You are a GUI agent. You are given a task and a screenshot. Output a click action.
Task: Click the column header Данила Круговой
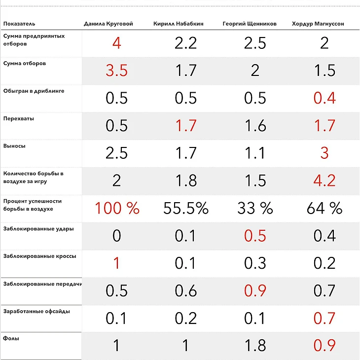(x=108, y=24)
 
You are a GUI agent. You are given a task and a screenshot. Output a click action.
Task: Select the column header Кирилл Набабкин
(x=179, y=24)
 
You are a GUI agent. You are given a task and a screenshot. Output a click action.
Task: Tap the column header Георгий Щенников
(x=250, y=24)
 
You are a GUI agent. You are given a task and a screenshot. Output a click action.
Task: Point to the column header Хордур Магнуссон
(x=318, y=24)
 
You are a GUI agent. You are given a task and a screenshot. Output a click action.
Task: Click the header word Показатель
(x=19, y=24)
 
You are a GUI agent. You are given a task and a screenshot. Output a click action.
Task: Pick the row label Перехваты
(x=19, y=119)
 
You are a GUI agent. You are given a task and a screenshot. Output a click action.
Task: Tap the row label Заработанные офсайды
(x=36, y=311)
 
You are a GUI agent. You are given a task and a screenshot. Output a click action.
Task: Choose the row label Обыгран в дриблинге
(x=34, y=91)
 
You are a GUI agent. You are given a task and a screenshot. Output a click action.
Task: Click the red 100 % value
(x=116, y=208)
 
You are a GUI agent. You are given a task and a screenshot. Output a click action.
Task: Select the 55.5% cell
(x=186, y=208)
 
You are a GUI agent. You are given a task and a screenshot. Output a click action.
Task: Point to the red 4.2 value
(x=324, y=180)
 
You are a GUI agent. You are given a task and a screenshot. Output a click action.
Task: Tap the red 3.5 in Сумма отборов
(x=116, y=71)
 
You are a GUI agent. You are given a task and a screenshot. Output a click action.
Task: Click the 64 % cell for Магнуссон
(x=324, y=208)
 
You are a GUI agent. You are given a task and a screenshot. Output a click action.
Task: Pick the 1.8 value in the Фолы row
(x=255, y=345)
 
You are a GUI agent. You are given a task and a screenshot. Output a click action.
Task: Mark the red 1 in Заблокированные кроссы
(x=116, y=263)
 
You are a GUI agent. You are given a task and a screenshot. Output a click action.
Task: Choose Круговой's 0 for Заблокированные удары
(x=116, y=236)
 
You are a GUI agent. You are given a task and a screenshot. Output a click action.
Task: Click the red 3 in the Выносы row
(x=324, y=153)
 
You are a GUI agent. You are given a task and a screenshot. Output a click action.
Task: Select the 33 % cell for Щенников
(x=255, y=208)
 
